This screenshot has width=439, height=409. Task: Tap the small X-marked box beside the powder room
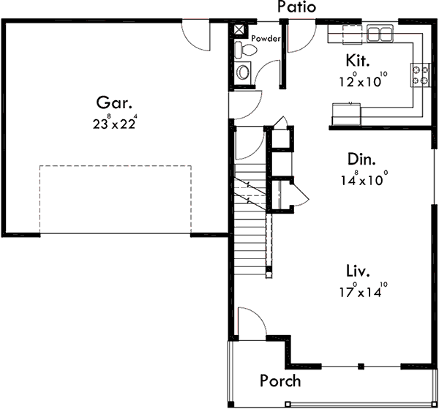[x=239, y=30]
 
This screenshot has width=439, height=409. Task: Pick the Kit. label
[x=357, y=59]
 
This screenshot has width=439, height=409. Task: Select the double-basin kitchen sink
[x=380, y=32]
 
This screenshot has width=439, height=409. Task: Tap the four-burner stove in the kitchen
[x=422, y=73]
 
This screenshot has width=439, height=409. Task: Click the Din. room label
[x=361, y=159]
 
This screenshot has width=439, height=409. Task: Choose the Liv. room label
[x=358, y=272]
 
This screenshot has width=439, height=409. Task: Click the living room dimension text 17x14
[x=362, y=291]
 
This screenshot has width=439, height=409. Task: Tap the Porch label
[x=279, y=380]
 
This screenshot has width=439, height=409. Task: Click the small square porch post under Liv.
[x=360, y=366]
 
